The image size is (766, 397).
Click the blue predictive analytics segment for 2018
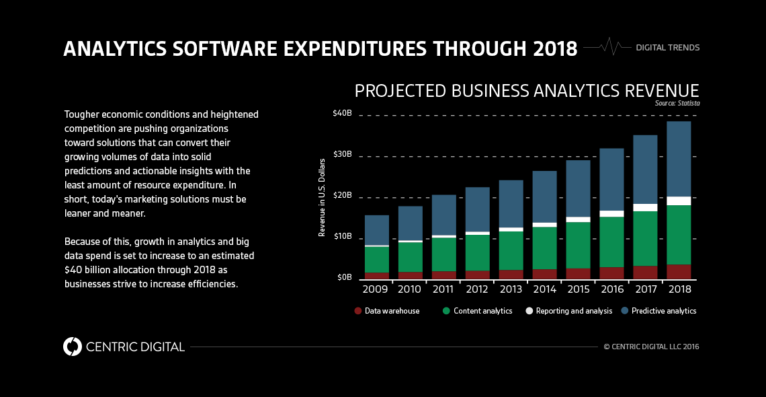(679, 159)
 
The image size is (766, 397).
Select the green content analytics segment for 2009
(377, 260)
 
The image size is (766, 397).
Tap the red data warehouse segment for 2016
(611, 273)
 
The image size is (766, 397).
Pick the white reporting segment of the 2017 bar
(645, 207)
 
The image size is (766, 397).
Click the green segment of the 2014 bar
(544, 248)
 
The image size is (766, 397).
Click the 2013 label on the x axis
(511, 289)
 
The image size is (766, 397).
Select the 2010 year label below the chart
(411, 289)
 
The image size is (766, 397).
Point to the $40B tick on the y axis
(342, 113)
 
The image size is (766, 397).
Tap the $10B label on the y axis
(342, 236)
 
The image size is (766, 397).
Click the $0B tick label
(344, 277)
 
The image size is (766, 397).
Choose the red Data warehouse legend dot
(358, 311)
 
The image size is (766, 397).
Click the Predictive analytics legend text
(664, 311)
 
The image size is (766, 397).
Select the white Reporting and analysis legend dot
(529, 311)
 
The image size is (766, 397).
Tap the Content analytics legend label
(482, 311)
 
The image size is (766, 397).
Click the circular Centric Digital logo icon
(72, 347)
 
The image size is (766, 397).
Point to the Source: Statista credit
(677, 104)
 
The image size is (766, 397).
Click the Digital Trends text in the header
(667, 48)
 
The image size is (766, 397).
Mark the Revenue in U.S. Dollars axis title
(323, 198)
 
